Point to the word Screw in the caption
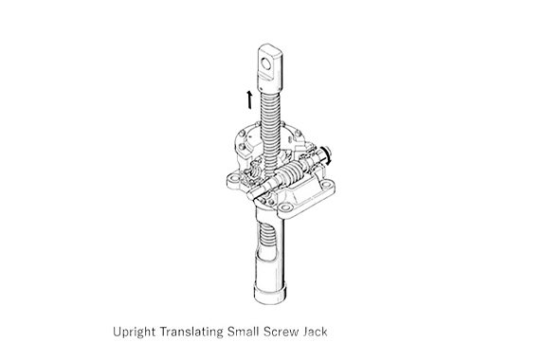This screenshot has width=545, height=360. point(282,332)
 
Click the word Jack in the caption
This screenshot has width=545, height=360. point(315,332)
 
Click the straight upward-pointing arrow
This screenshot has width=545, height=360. point(249,99)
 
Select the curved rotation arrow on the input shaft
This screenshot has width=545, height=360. point(327,155)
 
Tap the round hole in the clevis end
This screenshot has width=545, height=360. point(266,64)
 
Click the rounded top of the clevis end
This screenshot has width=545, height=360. point(270,47)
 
